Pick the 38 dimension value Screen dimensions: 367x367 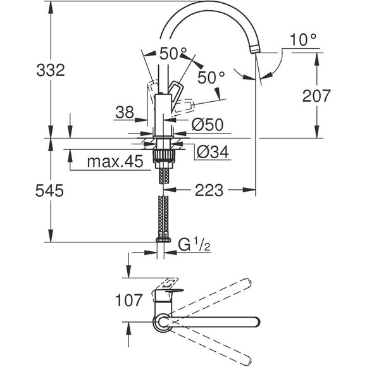tap(125, 113)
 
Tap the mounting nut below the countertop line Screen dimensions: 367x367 tap(164, 153)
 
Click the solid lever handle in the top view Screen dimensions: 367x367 tap(168, 295)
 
